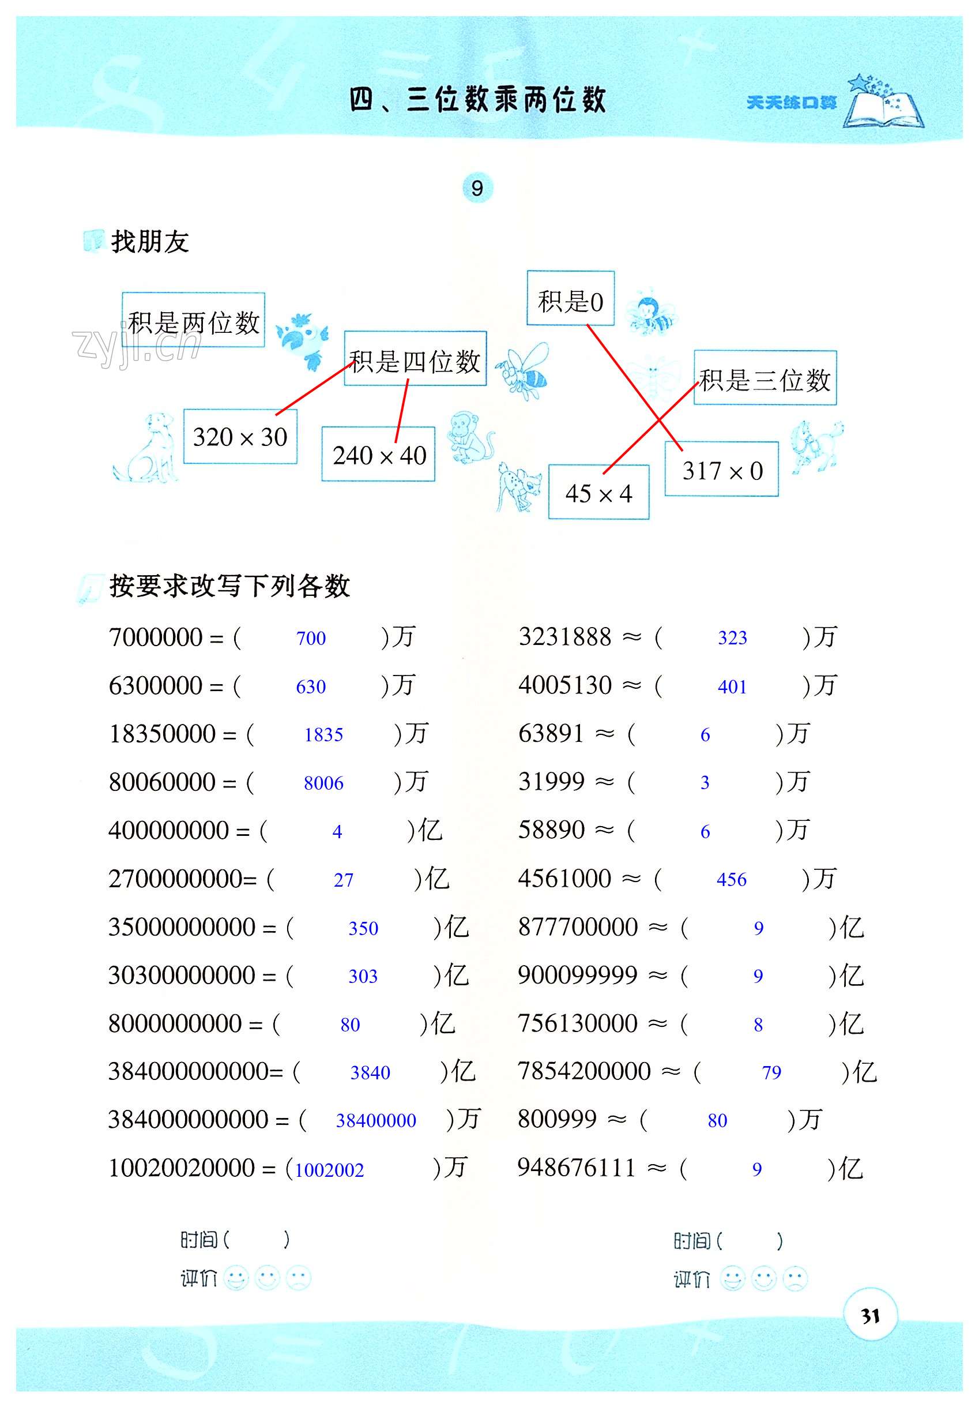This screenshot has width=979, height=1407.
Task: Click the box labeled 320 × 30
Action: [x=240, y=436]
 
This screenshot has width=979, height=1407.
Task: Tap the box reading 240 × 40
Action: [x=379, y=455]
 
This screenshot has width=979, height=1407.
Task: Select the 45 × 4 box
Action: [x=598, y=493]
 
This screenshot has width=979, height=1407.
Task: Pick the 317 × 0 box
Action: [x=722, y=470]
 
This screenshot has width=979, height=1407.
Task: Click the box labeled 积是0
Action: [x=570, y=299]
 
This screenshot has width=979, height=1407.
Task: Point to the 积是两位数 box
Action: [x=194, y=321]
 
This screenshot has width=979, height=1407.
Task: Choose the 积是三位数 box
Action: [x=765, y=378]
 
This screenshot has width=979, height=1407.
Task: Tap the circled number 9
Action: [x=477, y=187]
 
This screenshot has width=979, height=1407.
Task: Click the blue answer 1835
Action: [x=323, y=734]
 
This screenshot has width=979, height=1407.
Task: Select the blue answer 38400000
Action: [x=376, y=1121]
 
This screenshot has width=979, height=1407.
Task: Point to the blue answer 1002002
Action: [x=330, y=1170]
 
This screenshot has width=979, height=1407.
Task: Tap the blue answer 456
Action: [x=732, y=879]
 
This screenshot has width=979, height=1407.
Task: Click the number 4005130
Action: [x=565, y=685]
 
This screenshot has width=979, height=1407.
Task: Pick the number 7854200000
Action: [x=584, y=1071]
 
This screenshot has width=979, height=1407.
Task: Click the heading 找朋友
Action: [x=149, y=242]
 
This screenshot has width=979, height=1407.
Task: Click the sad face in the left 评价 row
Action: [x=298, y=1279]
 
